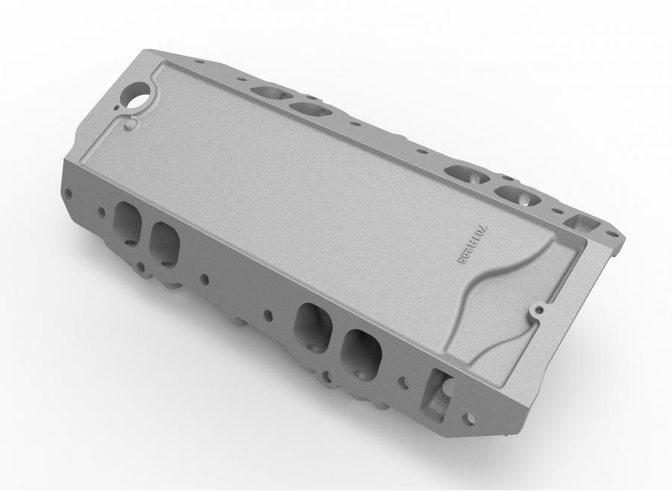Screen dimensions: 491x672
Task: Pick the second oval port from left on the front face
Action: [164, 240]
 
